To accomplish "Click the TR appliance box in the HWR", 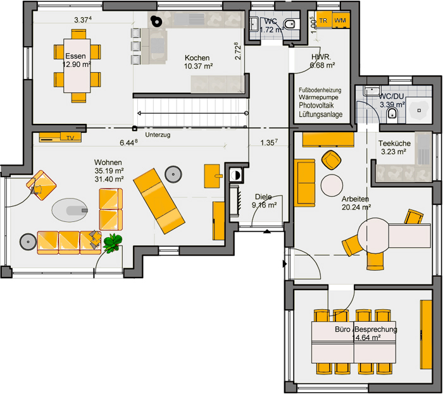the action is coord(324,20).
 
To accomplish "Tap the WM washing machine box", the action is coord(340,20).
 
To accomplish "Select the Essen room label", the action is coord(75,56).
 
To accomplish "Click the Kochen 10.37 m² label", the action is coord(197,62).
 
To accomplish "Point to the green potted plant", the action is coord(113,242).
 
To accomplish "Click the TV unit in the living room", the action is coord(60,137).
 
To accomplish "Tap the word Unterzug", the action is coord(158,135).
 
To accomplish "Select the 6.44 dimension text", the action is coord(128,142).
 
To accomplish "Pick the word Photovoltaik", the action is coord(316,105).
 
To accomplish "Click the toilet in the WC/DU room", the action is coord(392,113).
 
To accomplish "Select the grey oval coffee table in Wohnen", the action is coord(70,210).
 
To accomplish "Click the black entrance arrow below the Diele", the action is coord(267,231).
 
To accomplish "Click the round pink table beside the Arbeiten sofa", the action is coord(332,185).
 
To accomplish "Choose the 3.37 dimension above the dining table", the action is coord(82,20).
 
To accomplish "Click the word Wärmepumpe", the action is coord(318,97).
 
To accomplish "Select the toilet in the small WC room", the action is coord(289,24).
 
